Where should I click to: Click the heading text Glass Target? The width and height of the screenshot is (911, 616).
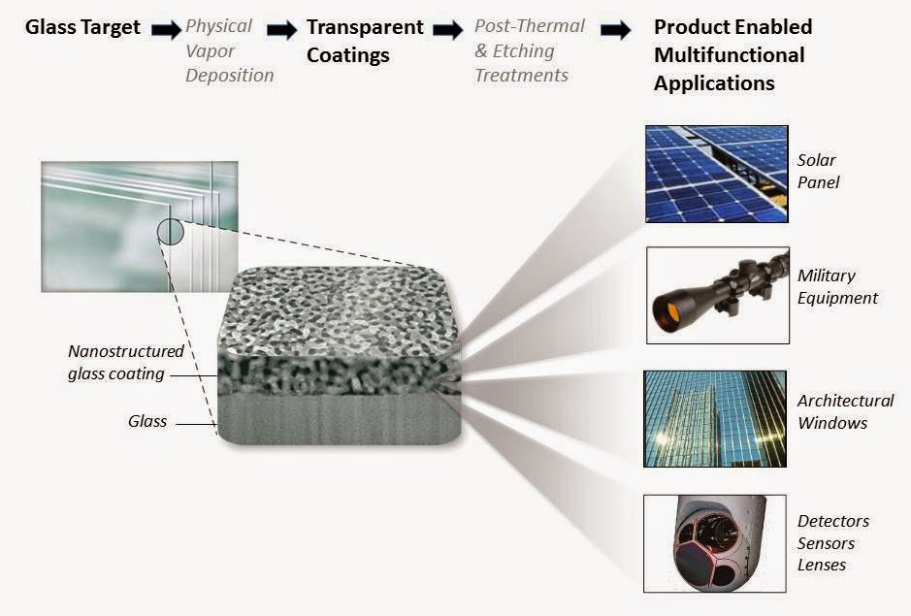[x=84, y=27]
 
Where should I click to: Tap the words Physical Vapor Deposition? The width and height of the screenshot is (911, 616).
[x=229, y=50]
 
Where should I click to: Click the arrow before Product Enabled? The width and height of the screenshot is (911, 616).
[x=615, y=30]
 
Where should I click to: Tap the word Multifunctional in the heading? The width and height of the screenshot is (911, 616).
[x=729, y=55]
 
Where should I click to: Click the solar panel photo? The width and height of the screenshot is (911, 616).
[x=716, y=174]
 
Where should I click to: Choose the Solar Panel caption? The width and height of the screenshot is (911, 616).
[x=817, y=171]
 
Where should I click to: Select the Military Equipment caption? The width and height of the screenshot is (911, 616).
[x=837, y=287]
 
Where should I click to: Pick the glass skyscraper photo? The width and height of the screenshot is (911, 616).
[x=716, y=418]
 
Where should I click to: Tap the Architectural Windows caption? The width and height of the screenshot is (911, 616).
[x=845, y=411]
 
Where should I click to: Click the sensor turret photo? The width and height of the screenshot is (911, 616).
[x=716, y=543]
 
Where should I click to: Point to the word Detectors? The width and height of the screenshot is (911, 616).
[x=833, y=522]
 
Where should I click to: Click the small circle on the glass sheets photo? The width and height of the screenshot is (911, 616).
[x=170, y=231]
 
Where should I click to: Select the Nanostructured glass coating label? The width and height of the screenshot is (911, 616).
[x=125, y=363]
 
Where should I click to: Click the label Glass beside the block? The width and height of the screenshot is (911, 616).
[x=147, y=422]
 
